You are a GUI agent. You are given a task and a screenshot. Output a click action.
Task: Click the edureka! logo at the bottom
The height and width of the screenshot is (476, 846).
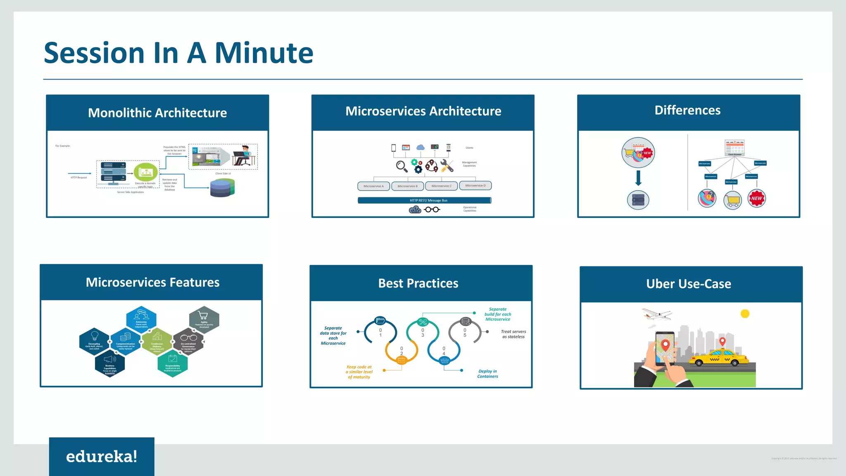[x=102, y=457]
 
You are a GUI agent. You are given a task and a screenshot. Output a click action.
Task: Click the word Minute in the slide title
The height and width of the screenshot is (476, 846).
[x=264, y=53]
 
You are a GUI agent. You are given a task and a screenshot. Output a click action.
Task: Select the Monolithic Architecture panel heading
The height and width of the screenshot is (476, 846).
[x=157, y=113]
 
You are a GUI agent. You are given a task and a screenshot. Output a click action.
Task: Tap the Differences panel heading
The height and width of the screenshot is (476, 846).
[x=687, y=110]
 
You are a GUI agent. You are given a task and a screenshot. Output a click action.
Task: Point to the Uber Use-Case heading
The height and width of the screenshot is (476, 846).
[x=689, y=284]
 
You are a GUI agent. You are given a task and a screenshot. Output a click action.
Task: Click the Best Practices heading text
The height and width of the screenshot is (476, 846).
[x=418, y=283]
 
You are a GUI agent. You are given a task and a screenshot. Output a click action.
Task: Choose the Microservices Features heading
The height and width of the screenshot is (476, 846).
[x=152, y=282]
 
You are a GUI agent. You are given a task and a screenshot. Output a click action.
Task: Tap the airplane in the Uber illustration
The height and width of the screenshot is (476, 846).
[x=657, y=315]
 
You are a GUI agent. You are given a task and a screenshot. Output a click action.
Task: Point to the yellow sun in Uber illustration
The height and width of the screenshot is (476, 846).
[x=745, y=314]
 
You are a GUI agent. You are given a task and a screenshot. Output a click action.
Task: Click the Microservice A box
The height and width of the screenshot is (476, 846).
[x=373, y=186]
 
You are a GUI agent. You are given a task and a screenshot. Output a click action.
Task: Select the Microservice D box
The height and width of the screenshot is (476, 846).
[x=475, y=185]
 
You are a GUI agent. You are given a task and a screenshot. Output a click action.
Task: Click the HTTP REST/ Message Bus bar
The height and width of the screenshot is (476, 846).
[x=424, y=201]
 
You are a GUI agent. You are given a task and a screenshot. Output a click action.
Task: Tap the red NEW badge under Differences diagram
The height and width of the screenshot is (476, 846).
[x=756, y=199]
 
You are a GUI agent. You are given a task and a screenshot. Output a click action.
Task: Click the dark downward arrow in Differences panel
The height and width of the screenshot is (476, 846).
[x=638, y=178]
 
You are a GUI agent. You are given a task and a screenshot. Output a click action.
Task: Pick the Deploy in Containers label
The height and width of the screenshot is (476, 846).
[x=487, y=374]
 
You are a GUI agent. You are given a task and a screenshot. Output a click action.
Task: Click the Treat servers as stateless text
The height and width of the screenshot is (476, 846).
[x=513, y=334]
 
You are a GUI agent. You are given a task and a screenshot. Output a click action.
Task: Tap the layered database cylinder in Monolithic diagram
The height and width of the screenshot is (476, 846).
[x=222, y=188]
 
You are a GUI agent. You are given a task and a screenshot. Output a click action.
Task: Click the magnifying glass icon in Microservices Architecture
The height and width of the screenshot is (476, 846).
[x=401, y=166]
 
